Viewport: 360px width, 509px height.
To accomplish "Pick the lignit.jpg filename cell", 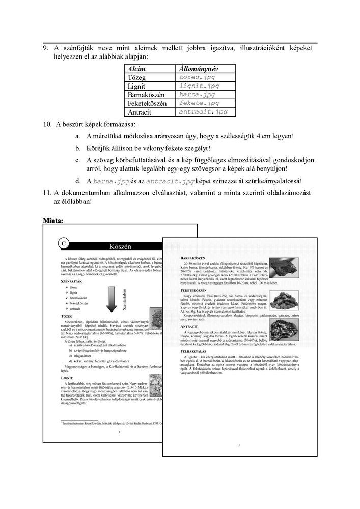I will point(200,86).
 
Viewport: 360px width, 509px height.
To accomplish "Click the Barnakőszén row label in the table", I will point(148,95).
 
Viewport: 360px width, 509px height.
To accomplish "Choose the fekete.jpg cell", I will point(200,103).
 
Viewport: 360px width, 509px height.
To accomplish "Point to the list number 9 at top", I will point(45,48).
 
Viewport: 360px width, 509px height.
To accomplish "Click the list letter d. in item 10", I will point(77,181).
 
